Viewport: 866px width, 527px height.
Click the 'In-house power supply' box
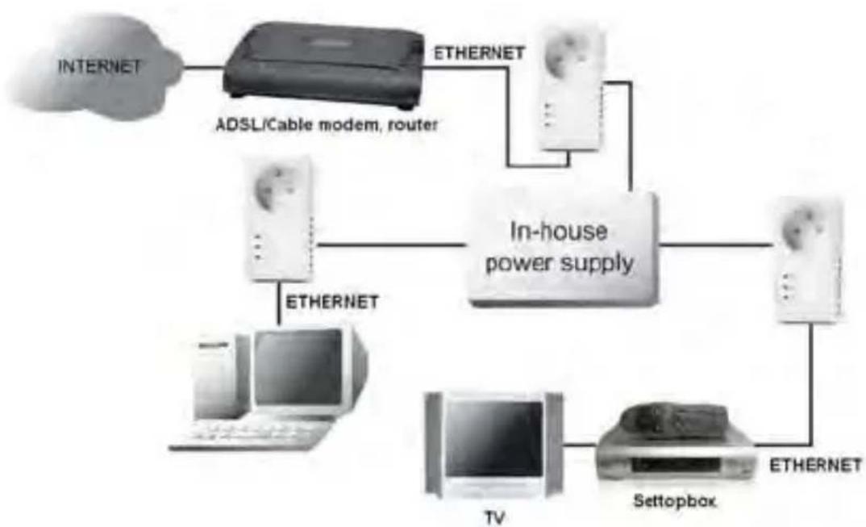(x=561, y=249)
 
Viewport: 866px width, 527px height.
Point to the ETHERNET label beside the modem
(x=480, y=54)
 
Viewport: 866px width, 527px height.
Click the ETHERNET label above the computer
(x=332, y=302)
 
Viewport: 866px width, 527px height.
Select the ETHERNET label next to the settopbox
(x=815, y=466)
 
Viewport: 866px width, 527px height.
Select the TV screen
(x=494, y=441)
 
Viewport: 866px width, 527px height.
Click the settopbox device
(x=674, y=452)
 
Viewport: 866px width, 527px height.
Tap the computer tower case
(x=214, y=379)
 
